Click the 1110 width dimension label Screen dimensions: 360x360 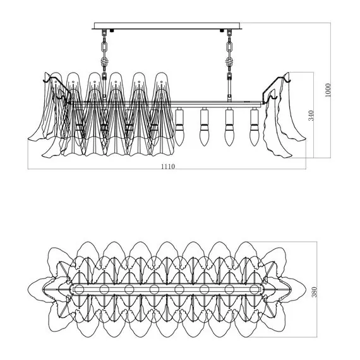point(168,166)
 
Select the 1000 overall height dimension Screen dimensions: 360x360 point(328,90)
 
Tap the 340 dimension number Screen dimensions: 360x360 point(311,116)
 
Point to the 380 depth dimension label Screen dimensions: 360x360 point(315,292)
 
